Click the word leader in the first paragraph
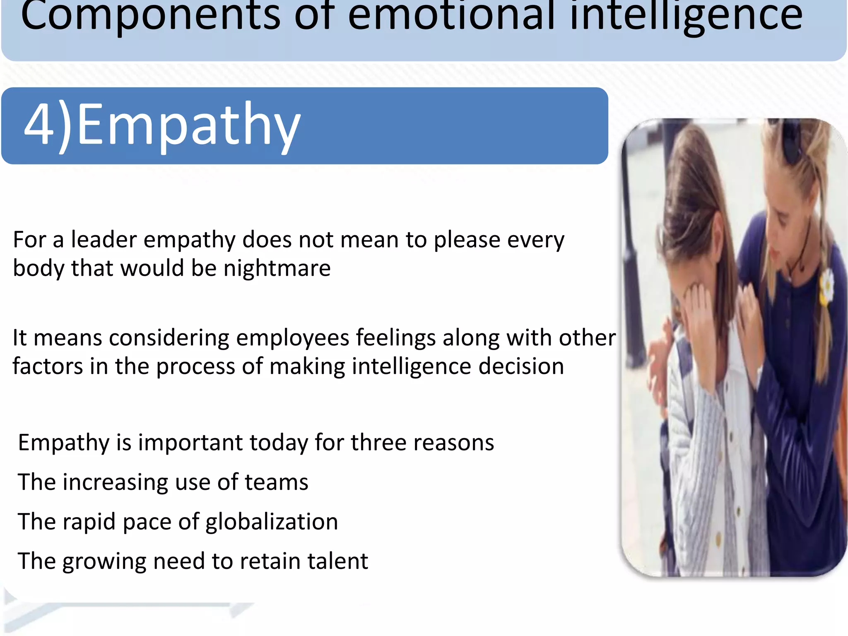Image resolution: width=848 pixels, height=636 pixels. click(104, 240)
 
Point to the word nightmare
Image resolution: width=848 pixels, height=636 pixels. click(277, 268)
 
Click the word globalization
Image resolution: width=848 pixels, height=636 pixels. click(272, 522)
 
